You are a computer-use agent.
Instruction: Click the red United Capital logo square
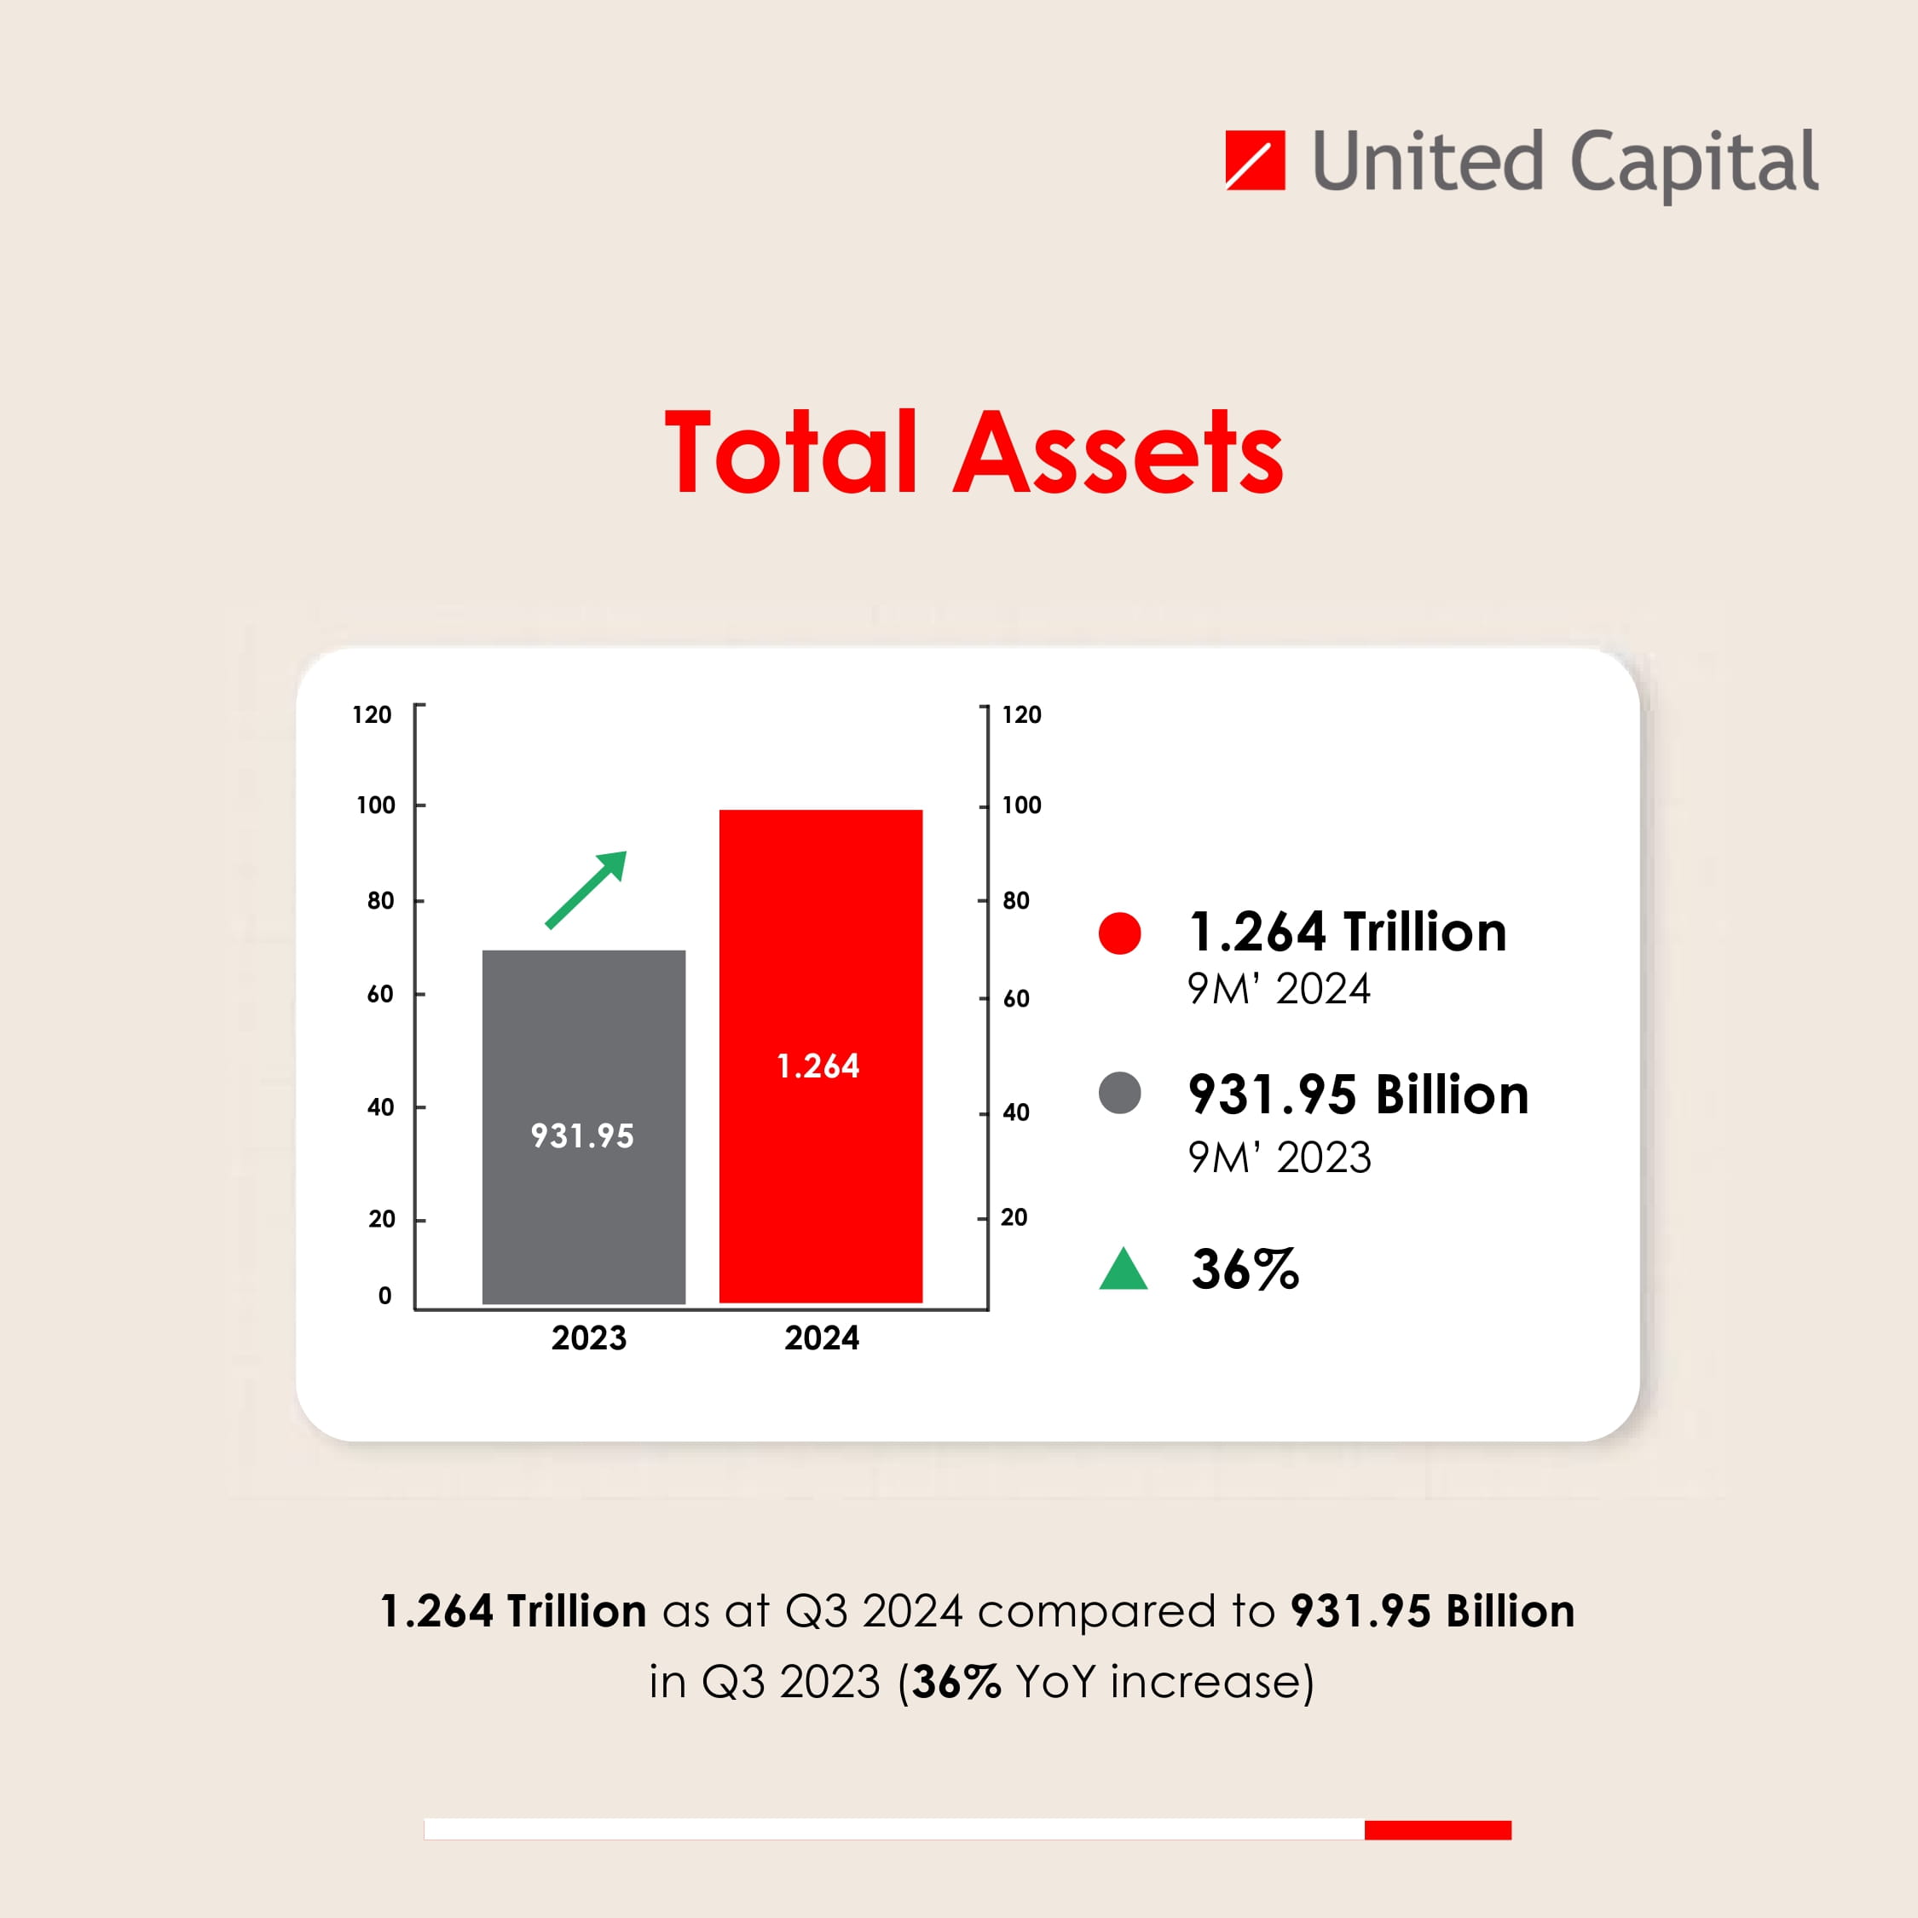(1255, 160)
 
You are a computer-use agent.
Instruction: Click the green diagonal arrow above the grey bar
(587, 888)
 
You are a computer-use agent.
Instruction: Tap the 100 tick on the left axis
(376, 805)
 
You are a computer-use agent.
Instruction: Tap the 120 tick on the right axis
(1021, 715)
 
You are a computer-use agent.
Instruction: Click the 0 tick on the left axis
(385, 1296)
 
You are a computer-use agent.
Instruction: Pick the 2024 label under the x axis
(822, 1338)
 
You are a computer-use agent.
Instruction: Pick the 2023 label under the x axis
(589, 1338)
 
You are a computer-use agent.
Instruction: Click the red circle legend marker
(1120, 933)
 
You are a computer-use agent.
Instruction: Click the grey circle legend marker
(1120, 1093)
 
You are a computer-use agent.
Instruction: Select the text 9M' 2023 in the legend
(1280, 1158)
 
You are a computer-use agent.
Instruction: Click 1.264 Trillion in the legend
(1347, 933)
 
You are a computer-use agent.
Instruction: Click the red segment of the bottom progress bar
(1437, 1829)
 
